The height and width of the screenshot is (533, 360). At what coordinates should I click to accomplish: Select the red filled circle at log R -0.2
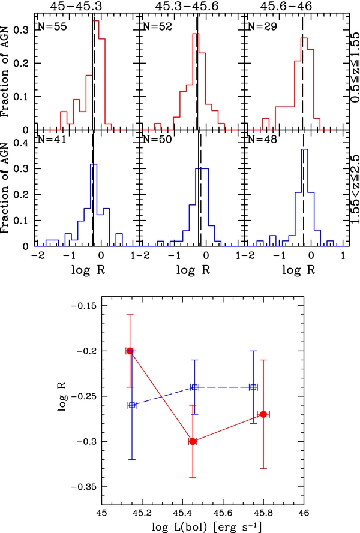(x=130, y=351)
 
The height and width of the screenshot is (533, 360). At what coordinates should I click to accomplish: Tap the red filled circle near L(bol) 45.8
(x=263, y=414)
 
